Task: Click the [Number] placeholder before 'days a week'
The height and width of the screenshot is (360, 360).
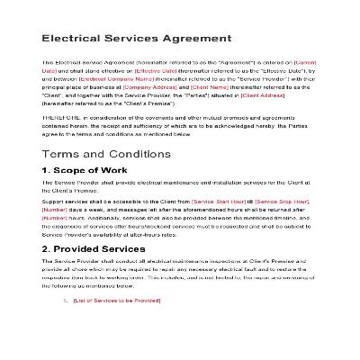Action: point(55,208)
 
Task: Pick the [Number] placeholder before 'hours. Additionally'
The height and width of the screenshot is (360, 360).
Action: point(55,216)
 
